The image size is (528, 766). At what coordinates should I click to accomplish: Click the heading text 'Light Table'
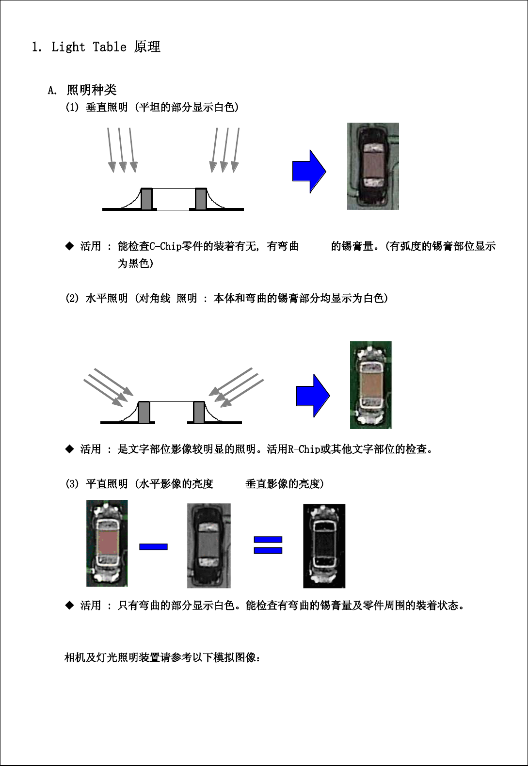(89, 47)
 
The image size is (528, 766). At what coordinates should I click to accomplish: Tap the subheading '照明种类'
(92, 90)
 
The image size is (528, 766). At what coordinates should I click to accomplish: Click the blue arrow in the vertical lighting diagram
(309, 171)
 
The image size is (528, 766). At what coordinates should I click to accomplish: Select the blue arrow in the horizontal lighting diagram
(313, 396)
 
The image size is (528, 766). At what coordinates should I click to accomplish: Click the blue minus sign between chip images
(153, 547)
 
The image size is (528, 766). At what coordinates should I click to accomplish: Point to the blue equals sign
(268, 545)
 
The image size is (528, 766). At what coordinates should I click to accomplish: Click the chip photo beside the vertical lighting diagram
(373, 166)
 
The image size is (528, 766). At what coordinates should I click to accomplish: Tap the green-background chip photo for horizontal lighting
(371, 385)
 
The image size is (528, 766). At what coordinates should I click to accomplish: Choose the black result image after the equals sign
(324, 546)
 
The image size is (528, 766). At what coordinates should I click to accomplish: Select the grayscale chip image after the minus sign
(208, 546)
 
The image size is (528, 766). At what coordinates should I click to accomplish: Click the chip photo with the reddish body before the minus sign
(107, 543)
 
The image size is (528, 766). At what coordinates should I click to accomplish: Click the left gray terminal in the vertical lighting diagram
(147, 199)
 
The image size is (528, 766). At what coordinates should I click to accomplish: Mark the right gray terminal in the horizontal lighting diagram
(199, 412)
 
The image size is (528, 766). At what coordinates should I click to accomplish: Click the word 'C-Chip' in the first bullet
(165, 246)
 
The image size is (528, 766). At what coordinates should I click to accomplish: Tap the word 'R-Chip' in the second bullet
(304, 449)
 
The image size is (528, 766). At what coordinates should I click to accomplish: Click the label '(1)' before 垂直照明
(72, 107)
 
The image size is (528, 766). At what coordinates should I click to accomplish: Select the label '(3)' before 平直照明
(72, 484)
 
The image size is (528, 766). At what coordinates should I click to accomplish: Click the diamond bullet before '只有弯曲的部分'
(69, 606)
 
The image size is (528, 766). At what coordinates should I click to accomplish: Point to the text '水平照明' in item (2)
(107, 298)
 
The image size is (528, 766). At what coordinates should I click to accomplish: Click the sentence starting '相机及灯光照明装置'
(162, 657)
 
